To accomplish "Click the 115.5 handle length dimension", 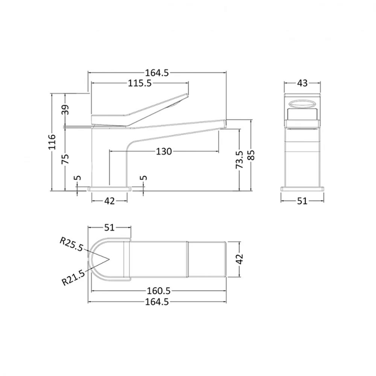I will [139, 83].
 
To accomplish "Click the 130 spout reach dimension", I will [164, 152].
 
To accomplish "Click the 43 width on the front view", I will [302, 83].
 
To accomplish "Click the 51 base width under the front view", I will [302, 201].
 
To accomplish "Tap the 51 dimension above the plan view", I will [109, 227].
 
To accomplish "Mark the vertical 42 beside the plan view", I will [240, 259].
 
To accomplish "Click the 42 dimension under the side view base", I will [109, 201].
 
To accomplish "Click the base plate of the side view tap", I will [109, 188].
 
